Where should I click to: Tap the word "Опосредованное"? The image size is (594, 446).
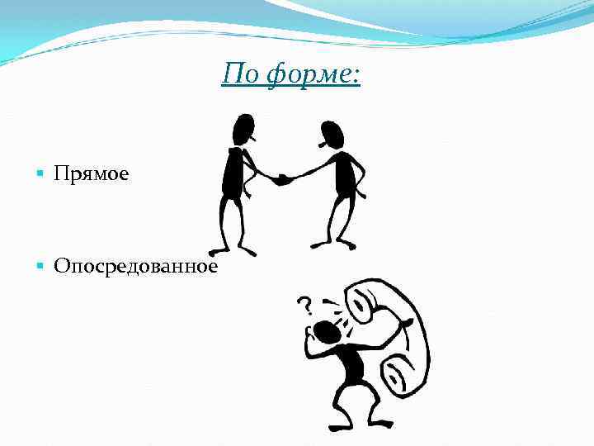135,266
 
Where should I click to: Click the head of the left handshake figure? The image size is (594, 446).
243,130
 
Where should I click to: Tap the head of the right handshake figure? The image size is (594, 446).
332,133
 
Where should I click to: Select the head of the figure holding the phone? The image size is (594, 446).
328,333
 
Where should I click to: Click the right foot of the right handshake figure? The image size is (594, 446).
346,244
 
